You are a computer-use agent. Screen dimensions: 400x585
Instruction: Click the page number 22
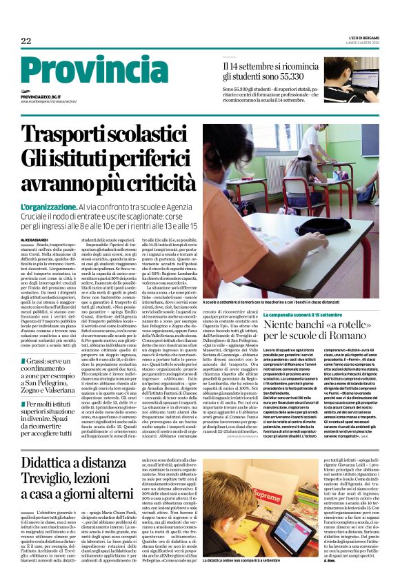tap(26, 41)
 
